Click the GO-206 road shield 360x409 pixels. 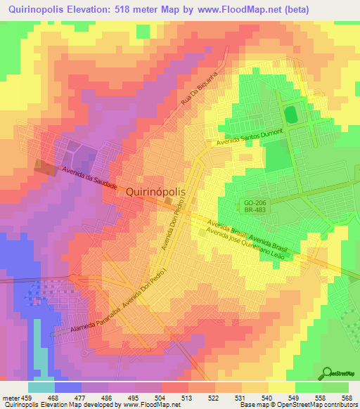(252, 202)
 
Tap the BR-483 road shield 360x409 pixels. (252, 210)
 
